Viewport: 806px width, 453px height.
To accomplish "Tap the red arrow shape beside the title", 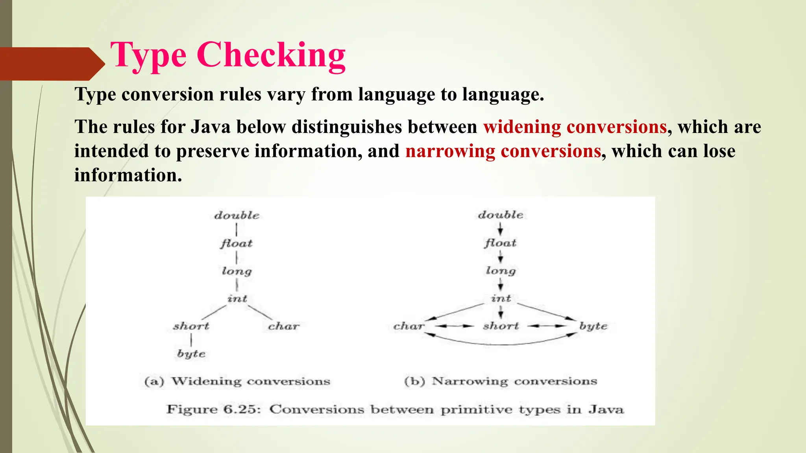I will pyautogui.click(x=51, y=64).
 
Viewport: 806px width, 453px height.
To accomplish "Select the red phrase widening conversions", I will pyautogui.click(x=575, y=127).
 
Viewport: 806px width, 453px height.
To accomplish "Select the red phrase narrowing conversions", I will pyautogui.click(x=503, y=151).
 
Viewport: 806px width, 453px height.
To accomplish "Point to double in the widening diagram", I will pyautogui.click(x=237, y=215).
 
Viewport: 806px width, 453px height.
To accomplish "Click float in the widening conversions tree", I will pyautogui.click(x=236, y=243).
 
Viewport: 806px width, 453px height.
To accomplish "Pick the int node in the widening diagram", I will pyautogui.click(x=237, y=299).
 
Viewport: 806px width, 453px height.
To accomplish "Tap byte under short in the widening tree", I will pyautogui.click(x=191, y=354).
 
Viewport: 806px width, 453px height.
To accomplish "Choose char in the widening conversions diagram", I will pyautogui.click(x=284, y=326).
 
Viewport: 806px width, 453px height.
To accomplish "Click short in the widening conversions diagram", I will pyautogui.click(x=191, y=326).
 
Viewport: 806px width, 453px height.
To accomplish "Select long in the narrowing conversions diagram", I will pyautogui.click(x=500, y=271).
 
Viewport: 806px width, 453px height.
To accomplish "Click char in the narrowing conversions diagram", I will pyautogui.click(x=409, y=326).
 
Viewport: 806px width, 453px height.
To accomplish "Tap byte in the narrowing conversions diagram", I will pyautogui.click(x=593, y=326).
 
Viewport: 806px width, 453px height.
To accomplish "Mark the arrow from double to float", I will pyautogui.click(x=500, y=229).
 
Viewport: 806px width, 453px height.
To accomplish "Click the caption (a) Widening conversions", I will pyautogui.click(x=237, y=381).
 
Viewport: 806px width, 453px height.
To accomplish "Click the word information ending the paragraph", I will pyautogui.click(x=128, y=175).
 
